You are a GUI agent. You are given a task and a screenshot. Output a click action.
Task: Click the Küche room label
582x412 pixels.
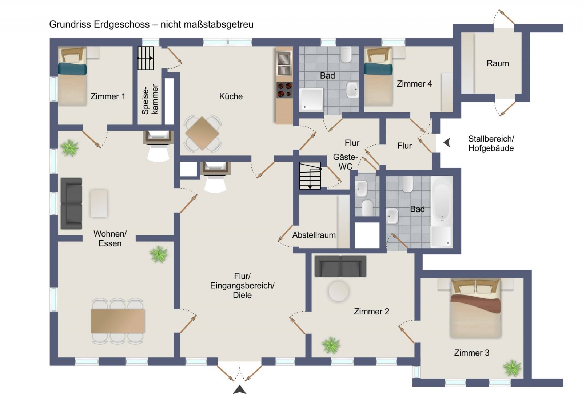point(231,96)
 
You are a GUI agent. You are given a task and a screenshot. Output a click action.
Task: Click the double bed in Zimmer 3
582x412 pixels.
point(475,309)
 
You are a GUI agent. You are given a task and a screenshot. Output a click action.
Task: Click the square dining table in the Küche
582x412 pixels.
point(203,134)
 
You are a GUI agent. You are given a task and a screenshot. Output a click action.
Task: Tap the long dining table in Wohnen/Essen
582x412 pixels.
point(118,321)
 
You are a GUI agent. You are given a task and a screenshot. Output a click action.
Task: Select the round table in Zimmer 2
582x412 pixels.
point(338,291)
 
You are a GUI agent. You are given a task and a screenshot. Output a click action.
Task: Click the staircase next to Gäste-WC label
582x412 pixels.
point(310,176)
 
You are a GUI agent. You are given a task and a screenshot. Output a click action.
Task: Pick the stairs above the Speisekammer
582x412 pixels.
point(145,58)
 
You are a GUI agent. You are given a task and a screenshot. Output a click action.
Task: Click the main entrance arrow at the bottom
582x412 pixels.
point(239,390)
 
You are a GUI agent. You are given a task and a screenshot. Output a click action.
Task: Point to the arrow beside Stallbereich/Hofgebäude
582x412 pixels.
point(447,143)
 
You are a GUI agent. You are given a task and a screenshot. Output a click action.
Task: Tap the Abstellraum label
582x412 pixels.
point(314,235)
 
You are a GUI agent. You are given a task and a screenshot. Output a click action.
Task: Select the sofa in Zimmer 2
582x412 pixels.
point(340,266)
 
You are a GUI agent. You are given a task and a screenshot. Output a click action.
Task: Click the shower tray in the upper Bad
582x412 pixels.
point(311,99)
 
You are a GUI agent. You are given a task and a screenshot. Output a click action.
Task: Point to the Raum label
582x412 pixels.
point(498,63)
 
